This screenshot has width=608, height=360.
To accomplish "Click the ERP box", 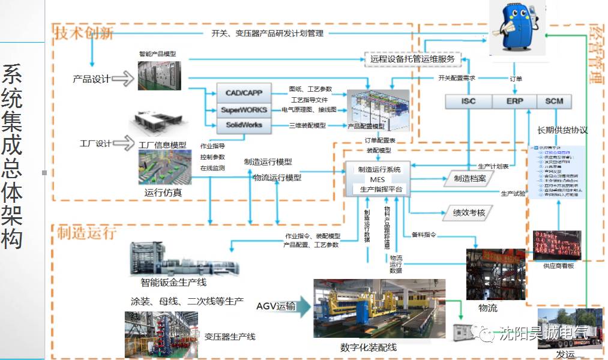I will coord(514,101).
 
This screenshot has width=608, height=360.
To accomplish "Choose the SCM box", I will coord(553,101).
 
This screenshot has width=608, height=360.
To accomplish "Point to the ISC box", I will coord(468,101).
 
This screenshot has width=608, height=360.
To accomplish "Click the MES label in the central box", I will coord(377,179).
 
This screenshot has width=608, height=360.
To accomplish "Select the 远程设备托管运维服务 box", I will coord(413,59).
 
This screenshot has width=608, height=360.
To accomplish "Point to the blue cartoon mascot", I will coord(516,27).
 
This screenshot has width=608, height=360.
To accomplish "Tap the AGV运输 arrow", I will coord(284,307).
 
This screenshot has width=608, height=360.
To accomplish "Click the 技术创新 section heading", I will coord(84,32).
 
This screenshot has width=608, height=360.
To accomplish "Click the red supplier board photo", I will coord(556,245).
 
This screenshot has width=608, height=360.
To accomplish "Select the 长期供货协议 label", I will coord(562,130).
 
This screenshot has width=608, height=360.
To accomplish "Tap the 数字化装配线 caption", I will coord(368,347).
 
